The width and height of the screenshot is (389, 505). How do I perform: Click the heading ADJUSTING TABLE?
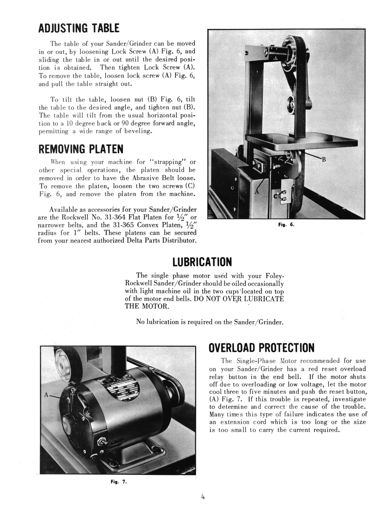tap(78, 28)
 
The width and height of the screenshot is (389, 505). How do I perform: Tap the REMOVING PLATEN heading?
tap(80, 149)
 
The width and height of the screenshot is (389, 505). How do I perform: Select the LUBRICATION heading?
tap(202, 262)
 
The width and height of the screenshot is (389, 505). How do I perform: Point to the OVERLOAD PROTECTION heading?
tap(261, 348)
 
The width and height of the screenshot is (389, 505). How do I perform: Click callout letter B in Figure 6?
tap(324, 159)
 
